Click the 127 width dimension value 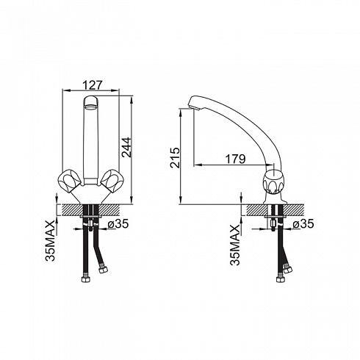point(92,85)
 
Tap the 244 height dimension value point(126,147)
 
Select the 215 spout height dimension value point(175,157)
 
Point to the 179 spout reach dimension point(235,159)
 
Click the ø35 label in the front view point(118,223)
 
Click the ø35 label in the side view point(303,223)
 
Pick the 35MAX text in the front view point(51,240)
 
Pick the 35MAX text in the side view point(235,245)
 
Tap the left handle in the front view point(70,181)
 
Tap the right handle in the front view point(112,181)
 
